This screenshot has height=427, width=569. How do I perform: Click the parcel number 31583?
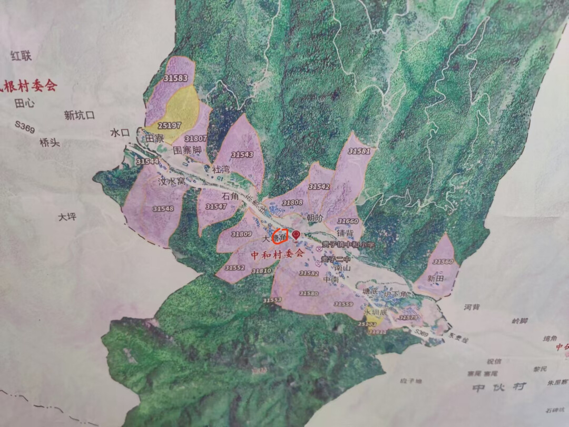point(176,79)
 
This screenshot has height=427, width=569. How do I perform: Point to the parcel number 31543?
point(242,154)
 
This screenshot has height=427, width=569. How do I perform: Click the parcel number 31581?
point(359,151)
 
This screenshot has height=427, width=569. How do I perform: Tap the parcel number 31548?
point(163,209)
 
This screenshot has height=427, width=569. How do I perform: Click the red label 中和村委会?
point(277,254)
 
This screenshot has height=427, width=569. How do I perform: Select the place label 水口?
point(120,133)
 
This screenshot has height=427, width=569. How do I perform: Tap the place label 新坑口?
point(80,115)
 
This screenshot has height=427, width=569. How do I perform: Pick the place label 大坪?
point(67,216)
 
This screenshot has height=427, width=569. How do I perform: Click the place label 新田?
point(436,278)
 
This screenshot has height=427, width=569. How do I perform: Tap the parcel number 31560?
point(443,261)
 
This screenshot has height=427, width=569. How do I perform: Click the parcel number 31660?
point(348,221)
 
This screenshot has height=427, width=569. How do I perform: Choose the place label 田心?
point(25,104)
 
